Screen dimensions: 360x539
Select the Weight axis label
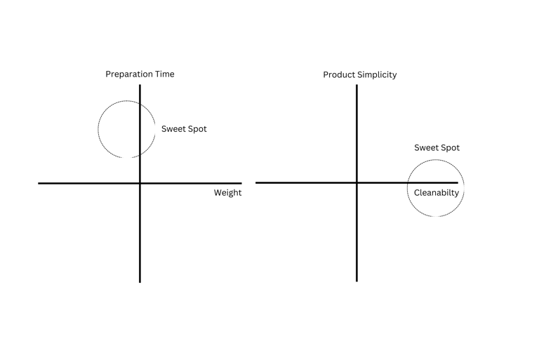tap(227, 193)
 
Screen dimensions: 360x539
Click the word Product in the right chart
tap(339, 75)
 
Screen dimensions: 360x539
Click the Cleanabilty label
tap(437, 193)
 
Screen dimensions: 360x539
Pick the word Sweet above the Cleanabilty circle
tap(425, 148)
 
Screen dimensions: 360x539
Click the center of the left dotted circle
tap(127, 129)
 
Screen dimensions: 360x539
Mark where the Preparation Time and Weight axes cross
tap(140, 183)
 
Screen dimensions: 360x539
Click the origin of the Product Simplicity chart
tap(357, 182)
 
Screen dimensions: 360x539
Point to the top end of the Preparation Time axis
tap(140, 85)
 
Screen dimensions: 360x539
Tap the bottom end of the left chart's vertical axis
tap(140, 282)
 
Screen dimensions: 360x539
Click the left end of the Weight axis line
tap(39, 183)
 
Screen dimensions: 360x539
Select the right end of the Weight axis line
tap(241, 183)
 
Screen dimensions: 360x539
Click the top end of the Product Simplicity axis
tap(357, 85)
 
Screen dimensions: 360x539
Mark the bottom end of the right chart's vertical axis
tap(357, 281)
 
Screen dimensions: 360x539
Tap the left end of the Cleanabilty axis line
tap(256, 182)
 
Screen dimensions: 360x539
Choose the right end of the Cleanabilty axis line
tap(458, 182)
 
